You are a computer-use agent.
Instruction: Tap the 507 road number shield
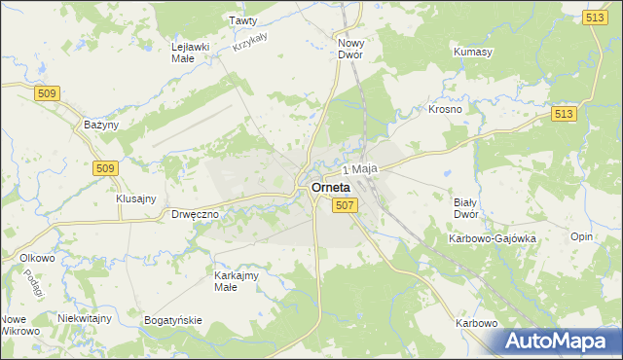point(345,205)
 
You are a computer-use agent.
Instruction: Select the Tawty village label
point(242,19)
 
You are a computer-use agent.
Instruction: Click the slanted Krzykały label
point(250,40)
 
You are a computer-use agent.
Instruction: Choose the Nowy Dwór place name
point(349,49)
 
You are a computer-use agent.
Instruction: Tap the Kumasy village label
point(473,51)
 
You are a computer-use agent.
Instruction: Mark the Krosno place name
point(445,110)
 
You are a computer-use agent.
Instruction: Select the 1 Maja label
point(360,169)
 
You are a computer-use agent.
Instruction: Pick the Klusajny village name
point(136,198)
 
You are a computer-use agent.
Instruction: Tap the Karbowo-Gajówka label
point(493,237)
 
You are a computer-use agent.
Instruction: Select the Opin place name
point(582,237)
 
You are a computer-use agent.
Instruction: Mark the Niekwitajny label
point(85,318)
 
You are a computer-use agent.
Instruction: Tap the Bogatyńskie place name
point(172,319)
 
